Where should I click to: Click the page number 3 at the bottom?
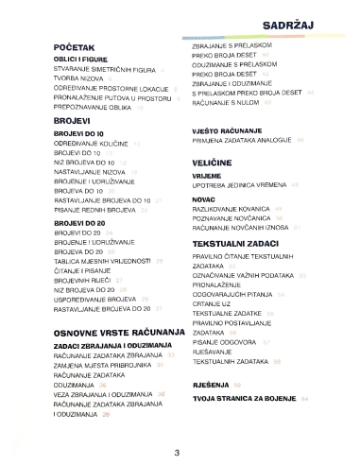pos(177,451)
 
